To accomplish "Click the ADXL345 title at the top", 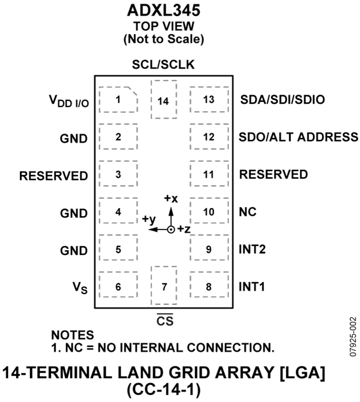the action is (164, 11).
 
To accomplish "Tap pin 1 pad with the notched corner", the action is (118, 99).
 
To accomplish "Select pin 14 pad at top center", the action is (164, 99).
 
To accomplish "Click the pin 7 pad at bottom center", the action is (164, 285).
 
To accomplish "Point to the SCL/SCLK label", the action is (163, 64).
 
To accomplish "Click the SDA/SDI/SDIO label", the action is (282, 99).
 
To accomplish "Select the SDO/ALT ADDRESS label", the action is (298, 137).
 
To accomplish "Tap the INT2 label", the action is (252, 249).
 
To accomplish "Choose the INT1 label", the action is (252, 287).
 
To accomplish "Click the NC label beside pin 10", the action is (248, 212).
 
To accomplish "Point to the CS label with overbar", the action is (165, 320).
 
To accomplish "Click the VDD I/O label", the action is (69, 101).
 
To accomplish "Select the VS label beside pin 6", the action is (80, 287).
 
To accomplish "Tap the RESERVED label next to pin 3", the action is (54, 176).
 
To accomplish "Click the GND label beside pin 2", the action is (74, 139).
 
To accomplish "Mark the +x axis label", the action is (171, 199).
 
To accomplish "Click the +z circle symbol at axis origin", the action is (171, 229).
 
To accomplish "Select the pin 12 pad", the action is (209, 137).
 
